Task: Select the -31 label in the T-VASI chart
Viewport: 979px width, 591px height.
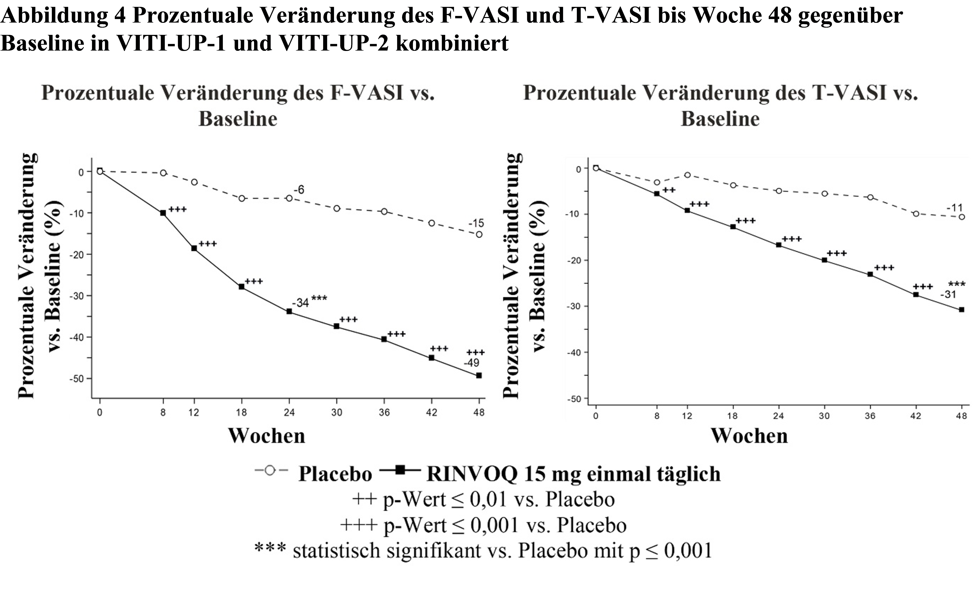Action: tap(948, 295)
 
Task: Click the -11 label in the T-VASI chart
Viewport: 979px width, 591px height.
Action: tap(954, 207)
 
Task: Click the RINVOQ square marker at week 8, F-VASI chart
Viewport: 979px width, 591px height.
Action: tap(163, 213)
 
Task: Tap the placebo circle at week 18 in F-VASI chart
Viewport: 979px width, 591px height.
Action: tap(242, 198)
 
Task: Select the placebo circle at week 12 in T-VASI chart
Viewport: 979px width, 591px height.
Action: tap(687, 175)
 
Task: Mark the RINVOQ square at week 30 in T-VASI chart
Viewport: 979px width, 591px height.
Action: tap(824, 260)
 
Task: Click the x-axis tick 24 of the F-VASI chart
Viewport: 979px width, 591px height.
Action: tap(289, 412)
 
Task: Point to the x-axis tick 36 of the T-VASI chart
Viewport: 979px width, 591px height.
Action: tap(870, 416)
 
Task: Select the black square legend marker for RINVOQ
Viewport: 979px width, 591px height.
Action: tap(400, 470)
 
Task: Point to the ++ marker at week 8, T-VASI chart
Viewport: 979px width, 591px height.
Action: tap(669, 190)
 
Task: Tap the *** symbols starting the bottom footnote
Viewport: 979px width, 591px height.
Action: tap(270, 547)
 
